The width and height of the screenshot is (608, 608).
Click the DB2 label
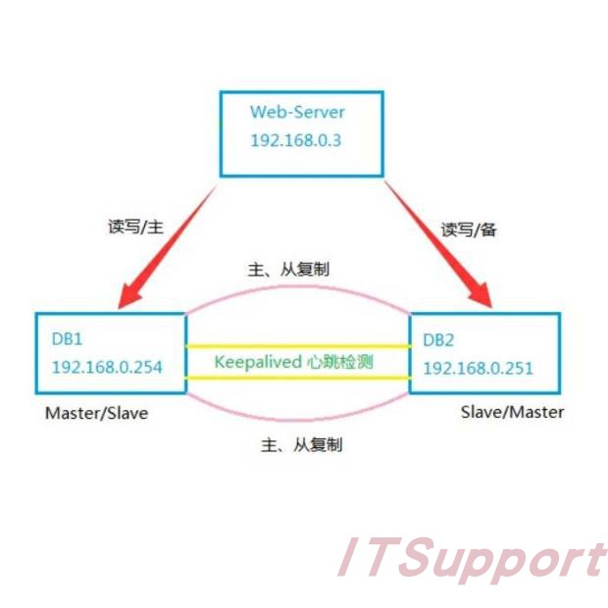[438, 339]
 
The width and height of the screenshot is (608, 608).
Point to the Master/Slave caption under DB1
[96, 413]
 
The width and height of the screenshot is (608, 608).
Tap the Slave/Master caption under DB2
[512, 412]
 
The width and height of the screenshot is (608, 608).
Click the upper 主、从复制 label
[297, 270]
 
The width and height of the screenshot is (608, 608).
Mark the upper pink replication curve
[297, 290]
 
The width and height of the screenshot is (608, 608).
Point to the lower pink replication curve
[297, 423]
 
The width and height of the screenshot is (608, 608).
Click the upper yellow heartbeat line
[297, 345]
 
